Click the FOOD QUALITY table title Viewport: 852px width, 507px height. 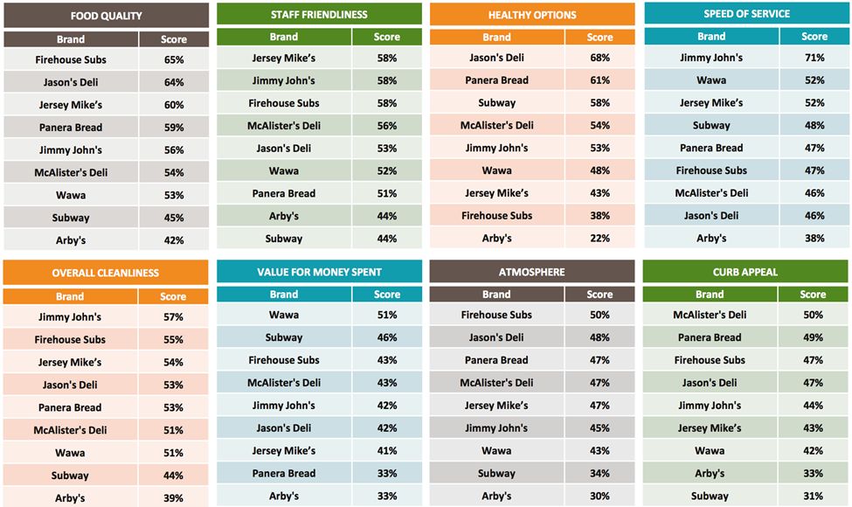click(x=106, y=16)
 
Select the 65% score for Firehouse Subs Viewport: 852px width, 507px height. click(x=174, y=59)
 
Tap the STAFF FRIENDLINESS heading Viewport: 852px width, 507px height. click(x=319, y=14)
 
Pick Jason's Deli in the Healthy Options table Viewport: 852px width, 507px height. click(x=496, y=58)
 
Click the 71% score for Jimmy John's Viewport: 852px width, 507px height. click(x=814, y=58)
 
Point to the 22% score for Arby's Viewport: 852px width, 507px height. click(x=599, y=239)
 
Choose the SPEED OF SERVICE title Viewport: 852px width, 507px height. click(x=746, y=14)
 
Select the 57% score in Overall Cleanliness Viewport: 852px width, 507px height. click(x=174, y=317)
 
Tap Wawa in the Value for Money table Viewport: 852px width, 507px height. click(x=284, y=315)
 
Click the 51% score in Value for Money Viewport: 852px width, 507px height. click(x=387, y=315)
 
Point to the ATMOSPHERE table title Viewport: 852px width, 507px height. click(x=531, y=272)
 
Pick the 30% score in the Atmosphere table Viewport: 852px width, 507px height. click(x=599, y=496)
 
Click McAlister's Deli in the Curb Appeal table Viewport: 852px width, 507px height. click(x=710, y=315)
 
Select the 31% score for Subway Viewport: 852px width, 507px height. click(x=813, y=496)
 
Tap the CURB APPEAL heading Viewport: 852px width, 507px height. click(x=745, y=272)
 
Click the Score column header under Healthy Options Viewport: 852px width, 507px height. click(x=599, y=38)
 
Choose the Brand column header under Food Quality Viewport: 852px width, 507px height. click(x=71, y=39)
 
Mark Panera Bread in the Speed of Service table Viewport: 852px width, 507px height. click(x=711, y=148)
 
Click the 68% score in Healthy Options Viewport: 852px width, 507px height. click(x=599, y=58)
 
